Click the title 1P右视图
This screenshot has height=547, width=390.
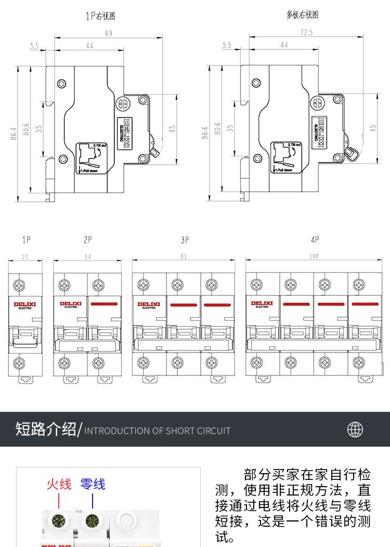100,16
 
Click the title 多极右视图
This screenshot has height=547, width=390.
302,15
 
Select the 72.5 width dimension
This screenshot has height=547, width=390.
306,32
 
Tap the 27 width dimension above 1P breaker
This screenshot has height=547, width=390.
25,257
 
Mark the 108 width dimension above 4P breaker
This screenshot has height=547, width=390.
314,257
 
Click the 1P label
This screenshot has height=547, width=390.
27,240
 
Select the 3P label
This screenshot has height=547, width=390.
184,240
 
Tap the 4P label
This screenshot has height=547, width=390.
314,240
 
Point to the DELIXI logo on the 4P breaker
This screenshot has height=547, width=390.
262,304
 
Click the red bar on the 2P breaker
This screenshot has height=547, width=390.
104,303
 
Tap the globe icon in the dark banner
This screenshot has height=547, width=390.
355,429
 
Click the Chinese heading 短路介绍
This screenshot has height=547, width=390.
46,429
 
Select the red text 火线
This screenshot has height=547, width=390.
59,484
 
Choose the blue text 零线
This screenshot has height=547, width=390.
93,484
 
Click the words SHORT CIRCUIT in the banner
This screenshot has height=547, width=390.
198,431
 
